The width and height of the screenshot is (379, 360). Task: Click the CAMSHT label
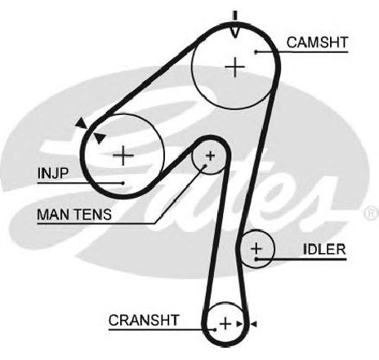[x=317, y=42]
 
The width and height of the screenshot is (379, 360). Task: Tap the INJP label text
[x=52, y=173]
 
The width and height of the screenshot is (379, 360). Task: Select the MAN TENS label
[x=74, y=215]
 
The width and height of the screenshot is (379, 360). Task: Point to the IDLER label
[x=324, y=249]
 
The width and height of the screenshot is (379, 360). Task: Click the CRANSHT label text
[x=144, y=320]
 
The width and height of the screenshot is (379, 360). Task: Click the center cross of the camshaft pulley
[x=235, y=67]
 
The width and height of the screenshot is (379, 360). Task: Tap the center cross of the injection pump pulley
[x=123, y=156]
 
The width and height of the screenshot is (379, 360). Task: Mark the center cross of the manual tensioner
[x=210, y=156]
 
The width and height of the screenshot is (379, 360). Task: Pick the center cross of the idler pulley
[x=256, y=248]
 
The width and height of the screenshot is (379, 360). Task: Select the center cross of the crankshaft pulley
[x=225, y=324]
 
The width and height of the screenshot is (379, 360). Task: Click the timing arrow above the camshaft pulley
[x=235, y=24]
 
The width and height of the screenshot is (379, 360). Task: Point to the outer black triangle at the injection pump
[x=81, y=123]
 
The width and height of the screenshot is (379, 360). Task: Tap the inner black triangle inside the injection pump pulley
[x=100, y=138]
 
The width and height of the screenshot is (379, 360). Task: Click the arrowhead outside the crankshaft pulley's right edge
[x=254, y=324]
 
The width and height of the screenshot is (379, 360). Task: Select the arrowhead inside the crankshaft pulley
[x=239, y=324]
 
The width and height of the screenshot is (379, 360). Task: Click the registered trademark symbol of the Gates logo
[x=372, y=213]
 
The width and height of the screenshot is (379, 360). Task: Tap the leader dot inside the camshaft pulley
[x=256, y=51]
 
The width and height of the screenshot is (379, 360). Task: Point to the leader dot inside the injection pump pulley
[x=123, y=183]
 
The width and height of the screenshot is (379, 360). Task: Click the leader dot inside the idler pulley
[x=256, y=259]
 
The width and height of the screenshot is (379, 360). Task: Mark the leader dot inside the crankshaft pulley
[x=216, y=330]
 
